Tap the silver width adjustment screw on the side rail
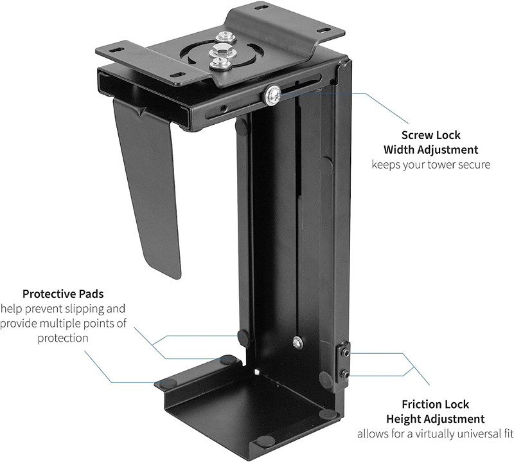coord(272,95)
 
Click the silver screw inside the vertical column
coord(297,342)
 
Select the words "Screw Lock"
coord(430,135)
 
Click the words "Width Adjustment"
coord(430,150)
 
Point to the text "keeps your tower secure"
coord(430,164)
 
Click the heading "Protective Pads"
coord(63,294)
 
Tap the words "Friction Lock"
coord(436,404)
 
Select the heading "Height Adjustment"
coord(436,419)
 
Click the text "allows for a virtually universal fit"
coord(436,434)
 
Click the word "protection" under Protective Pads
coord(63,338)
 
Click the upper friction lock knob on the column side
coord(346,353)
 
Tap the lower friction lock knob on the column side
coord(345,374)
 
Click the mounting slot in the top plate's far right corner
coord(323,30)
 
